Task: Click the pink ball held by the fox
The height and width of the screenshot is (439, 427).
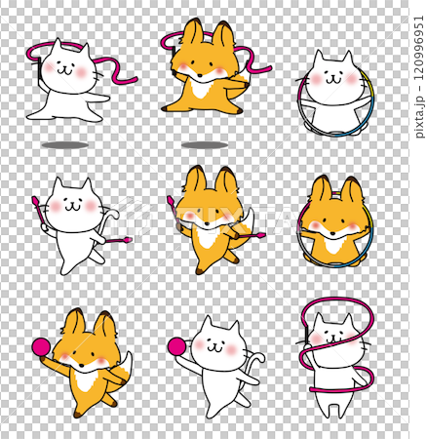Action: point(41,346)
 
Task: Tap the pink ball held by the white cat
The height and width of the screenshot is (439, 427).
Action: point(176,346)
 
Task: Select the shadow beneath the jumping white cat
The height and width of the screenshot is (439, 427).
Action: point(65,145)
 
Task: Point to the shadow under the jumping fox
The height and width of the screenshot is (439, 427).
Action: point(205,145)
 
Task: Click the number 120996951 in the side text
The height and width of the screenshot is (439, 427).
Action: point(419,48)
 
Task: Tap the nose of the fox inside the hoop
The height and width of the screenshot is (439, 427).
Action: point(332,233)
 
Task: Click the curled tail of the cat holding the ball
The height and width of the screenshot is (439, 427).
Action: point(255,361)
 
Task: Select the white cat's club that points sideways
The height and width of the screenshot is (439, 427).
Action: point(119,241)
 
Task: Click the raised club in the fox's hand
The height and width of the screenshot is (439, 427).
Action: point(174,208)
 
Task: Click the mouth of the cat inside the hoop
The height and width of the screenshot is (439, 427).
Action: point(332,79)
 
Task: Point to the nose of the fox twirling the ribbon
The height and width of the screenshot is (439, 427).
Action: point(200,75)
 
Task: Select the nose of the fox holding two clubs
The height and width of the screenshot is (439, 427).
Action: point(208,223)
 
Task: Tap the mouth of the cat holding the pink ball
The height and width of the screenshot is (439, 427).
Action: point(214,348)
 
